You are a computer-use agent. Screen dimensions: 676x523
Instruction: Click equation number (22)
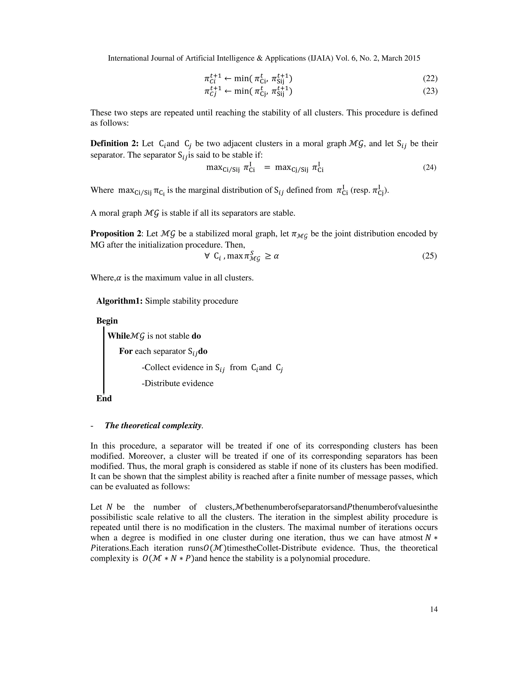click(x=430, y=79)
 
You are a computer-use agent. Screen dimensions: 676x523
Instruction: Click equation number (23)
click(x=430, y=91)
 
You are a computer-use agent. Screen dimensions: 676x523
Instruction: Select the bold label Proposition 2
click(x=116, y=233)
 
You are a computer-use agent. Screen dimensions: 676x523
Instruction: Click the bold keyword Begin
click(x=107, y=321)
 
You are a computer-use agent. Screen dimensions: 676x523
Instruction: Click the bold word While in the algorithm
click(x=117, y=336)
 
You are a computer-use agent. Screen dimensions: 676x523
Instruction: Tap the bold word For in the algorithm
click(x=126, y=351)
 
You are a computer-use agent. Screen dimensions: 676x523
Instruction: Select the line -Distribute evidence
click(x=177, y=383)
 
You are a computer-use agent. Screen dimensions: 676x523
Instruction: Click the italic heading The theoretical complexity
click(x=154, y=425)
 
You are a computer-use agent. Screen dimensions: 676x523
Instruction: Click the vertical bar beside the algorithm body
click(x=103, y=361)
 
